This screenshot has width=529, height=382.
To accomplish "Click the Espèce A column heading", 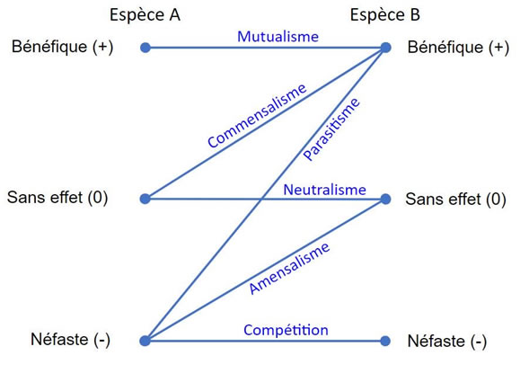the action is click(x=145, y=15).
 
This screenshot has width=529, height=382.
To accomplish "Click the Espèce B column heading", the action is click(x=385, y=15).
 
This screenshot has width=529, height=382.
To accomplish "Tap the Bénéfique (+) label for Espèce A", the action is click(x=62, y=47).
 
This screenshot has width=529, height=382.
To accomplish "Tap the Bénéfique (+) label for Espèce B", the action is click(x=458, y=48).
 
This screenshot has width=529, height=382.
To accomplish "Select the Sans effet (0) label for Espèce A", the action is click(x=57, y=198).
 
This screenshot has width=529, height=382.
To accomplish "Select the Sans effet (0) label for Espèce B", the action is click(x=455, y=199).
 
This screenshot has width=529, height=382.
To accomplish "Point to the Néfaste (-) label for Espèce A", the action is click(x=70, y=340).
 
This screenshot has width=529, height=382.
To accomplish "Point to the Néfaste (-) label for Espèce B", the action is click(x=447, y=342).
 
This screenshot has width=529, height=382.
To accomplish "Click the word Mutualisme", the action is click(x=278, y=37).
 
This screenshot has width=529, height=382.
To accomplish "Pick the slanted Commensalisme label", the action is click(x=257, y=116).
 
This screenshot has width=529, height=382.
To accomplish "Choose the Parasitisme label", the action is click(x=331, y=129).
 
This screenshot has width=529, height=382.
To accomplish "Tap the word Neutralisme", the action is click(x=324, y=190).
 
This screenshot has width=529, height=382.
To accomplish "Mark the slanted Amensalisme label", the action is click(x=289, y=268).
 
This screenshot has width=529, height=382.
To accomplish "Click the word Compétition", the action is click(x=286, y=330).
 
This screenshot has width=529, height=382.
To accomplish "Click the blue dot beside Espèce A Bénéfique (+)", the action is click(x=145, y=48).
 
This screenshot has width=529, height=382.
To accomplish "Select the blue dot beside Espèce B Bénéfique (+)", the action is click(x=385, y=48).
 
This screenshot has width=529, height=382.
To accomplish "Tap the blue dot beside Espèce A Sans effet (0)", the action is click(x=145, y=199).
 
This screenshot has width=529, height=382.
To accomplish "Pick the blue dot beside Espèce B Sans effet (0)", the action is click(x=385, y=199).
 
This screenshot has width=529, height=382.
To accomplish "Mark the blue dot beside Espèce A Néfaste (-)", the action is click(x=145, y=341).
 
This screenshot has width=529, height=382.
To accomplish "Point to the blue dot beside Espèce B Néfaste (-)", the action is click(x=385, y=341).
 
